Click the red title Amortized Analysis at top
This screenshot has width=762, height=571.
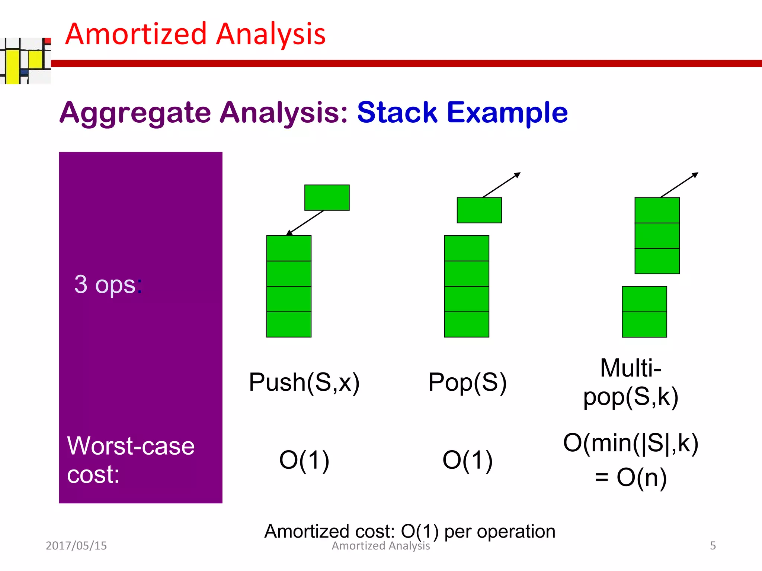195,34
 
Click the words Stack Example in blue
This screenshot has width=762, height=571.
462,112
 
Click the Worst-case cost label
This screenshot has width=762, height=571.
130,460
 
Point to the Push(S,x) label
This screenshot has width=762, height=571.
304,382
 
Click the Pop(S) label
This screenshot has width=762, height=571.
467,382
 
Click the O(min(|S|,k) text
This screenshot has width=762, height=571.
631,443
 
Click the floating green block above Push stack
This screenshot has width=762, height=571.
327,197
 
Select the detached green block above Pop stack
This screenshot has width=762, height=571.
479,210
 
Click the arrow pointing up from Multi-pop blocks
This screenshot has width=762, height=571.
679,185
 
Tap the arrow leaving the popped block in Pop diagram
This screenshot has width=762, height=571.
501,185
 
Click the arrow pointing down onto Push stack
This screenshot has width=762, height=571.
305,223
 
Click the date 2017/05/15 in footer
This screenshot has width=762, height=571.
76,546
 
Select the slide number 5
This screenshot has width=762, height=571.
713,546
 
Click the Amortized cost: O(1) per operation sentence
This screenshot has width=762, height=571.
409,531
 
